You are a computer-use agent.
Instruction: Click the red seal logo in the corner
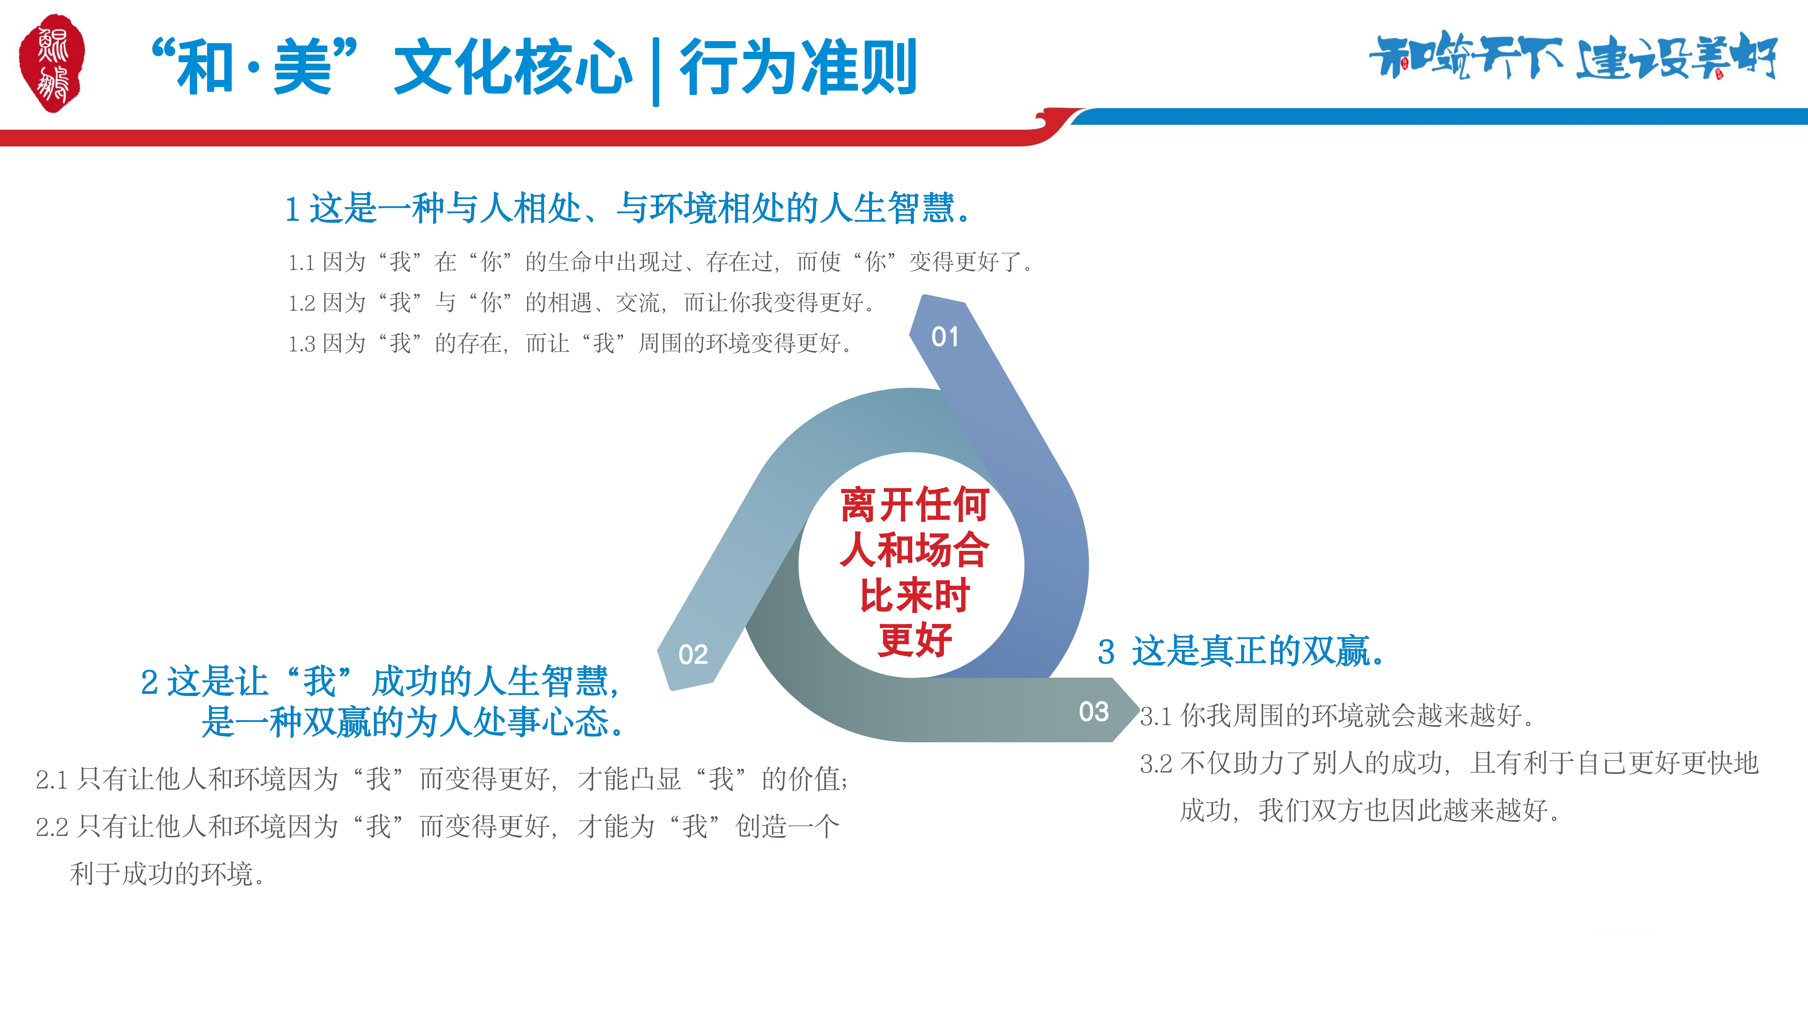point(52,63)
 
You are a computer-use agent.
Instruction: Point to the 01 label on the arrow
point(945,337)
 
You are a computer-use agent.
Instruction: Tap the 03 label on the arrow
point(1093,712)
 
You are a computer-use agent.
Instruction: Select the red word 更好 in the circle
point(914,639)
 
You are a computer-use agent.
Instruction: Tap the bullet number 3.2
point(1156,764)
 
